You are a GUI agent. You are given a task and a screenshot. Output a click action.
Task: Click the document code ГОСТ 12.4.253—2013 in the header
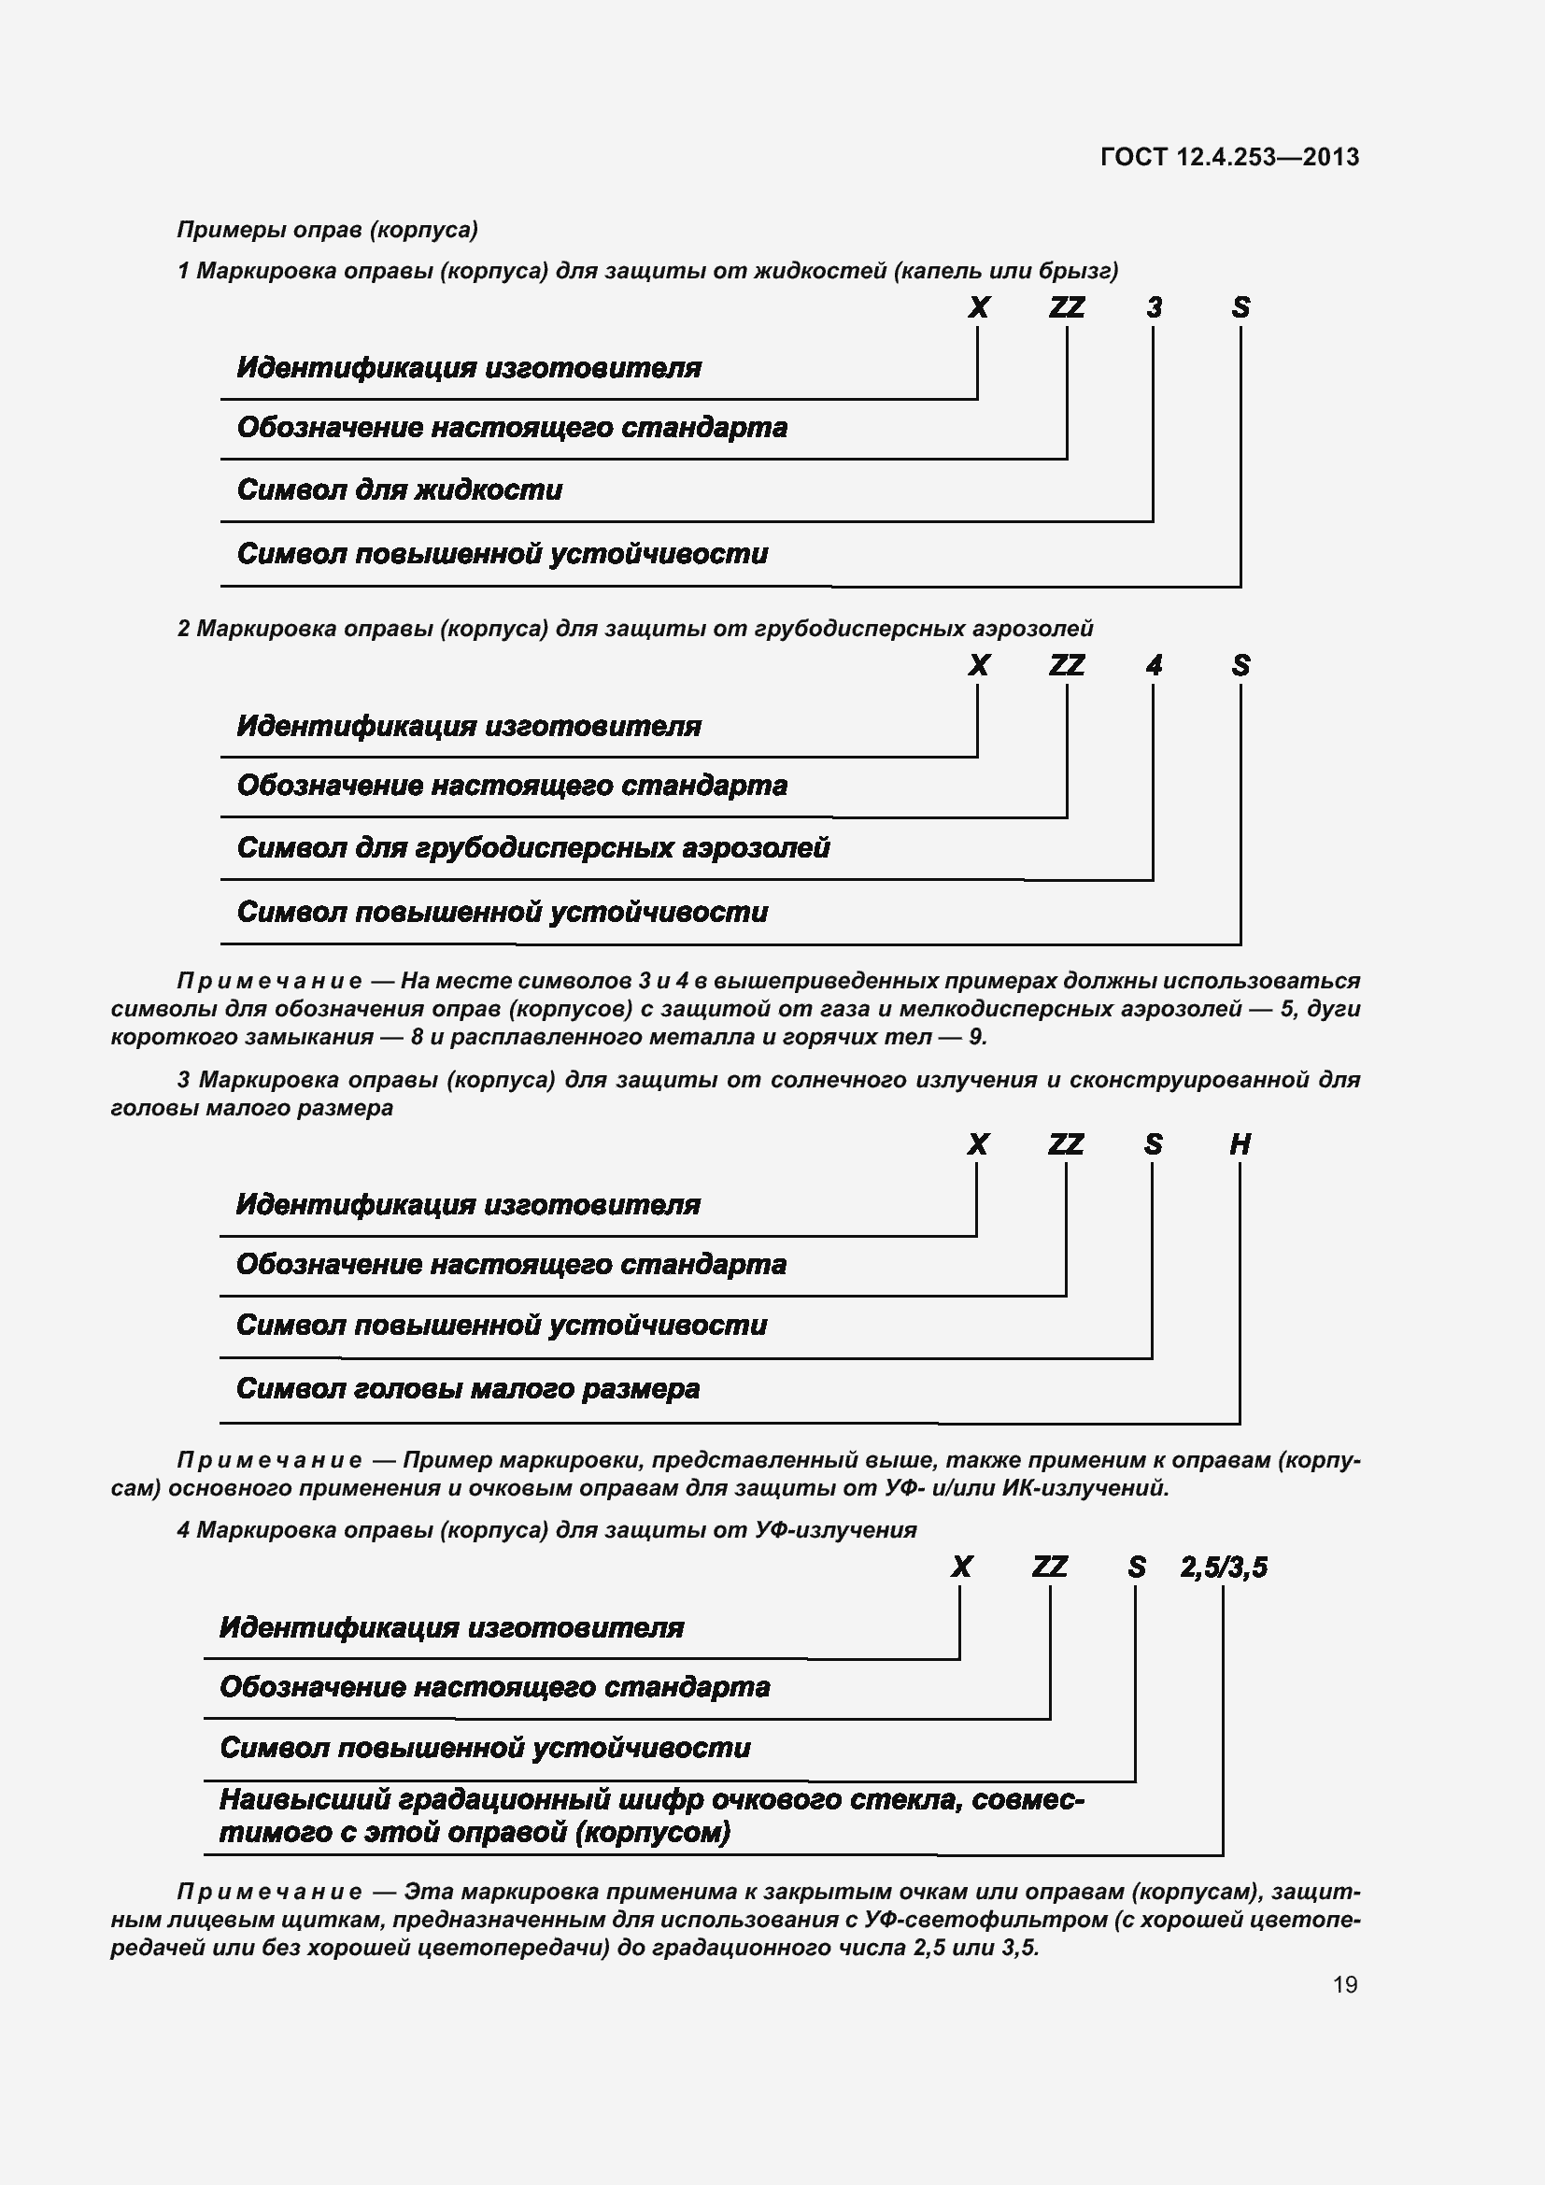1229,157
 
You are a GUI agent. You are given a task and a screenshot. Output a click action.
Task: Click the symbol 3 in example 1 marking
1154,307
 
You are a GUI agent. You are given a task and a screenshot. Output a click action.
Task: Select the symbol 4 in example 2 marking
1154,665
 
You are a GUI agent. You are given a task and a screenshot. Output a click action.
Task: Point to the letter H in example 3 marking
1240,1144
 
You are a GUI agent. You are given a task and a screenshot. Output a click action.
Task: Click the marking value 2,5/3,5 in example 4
1224,1567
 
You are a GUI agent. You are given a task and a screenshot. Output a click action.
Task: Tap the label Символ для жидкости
400,490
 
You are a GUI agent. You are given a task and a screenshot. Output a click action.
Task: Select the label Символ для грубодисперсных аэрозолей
532,848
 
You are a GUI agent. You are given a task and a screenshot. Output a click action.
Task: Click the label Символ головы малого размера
467,1388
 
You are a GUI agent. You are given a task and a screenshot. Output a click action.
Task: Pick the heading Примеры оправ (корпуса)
327,230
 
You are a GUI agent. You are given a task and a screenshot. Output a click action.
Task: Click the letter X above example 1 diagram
978,307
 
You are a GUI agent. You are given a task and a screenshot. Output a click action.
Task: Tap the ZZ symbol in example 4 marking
1049,1567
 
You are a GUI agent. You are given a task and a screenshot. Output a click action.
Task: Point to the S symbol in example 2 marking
1240,665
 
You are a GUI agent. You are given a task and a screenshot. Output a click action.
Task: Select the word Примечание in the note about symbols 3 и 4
269,980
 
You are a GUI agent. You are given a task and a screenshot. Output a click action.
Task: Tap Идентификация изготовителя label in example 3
468,1205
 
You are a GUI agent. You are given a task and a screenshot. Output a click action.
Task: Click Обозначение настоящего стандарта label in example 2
512,786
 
